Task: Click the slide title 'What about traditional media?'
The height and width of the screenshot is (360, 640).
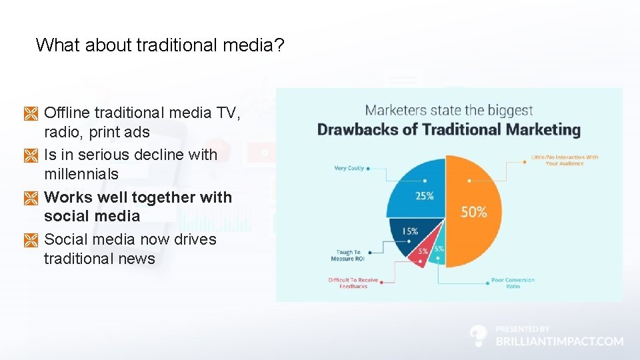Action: click(160, 45)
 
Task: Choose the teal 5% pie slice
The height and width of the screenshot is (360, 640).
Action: click(438, 252)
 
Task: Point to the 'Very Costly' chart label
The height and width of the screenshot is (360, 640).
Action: click(349, 169)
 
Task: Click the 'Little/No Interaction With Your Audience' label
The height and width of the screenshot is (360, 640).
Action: click(564, 160)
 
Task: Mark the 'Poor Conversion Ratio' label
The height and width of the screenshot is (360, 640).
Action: click(513, 283)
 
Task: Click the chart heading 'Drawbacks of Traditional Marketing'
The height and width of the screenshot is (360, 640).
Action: click(449, 129)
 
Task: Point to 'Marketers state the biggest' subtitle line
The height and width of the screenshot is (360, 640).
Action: click(449, 110)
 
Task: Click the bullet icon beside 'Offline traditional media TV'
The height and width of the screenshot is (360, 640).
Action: click(31, 114)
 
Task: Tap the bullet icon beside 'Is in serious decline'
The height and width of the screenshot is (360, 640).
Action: click(31, 155)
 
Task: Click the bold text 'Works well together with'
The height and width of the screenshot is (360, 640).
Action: click(138, 197)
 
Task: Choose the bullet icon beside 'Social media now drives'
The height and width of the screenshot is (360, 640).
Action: click(31, 240)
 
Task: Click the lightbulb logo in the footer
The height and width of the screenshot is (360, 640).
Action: click(478, 335)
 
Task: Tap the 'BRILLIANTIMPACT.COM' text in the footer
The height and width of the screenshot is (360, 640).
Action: click(559, 341)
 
